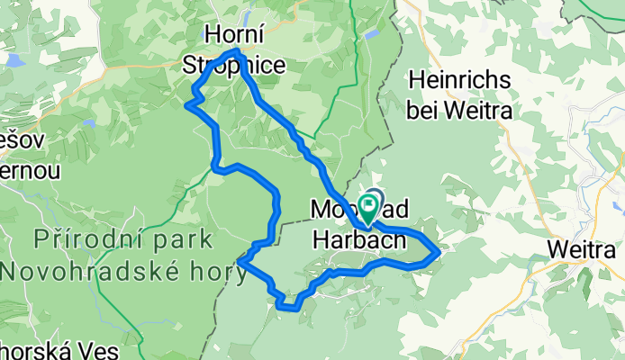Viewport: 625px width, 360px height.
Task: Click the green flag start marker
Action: (x=369, y=206)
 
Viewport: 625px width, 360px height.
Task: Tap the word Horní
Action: (x=234, y=35)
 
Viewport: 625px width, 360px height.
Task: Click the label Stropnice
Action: (x=234, y=65)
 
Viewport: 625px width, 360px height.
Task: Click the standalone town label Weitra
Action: (x=585, y=247)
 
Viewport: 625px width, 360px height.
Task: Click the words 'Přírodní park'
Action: (x=124, y=239)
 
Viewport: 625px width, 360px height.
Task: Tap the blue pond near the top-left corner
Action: (x=13, y=61)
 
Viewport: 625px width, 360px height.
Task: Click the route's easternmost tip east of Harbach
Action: (x=439, y=253)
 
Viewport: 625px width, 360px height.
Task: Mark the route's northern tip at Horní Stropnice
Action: (x=237, y=52)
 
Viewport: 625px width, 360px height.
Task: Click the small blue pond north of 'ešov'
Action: (x=86, y=122)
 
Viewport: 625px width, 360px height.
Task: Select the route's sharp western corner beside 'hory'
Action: (x=240, y=261)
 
